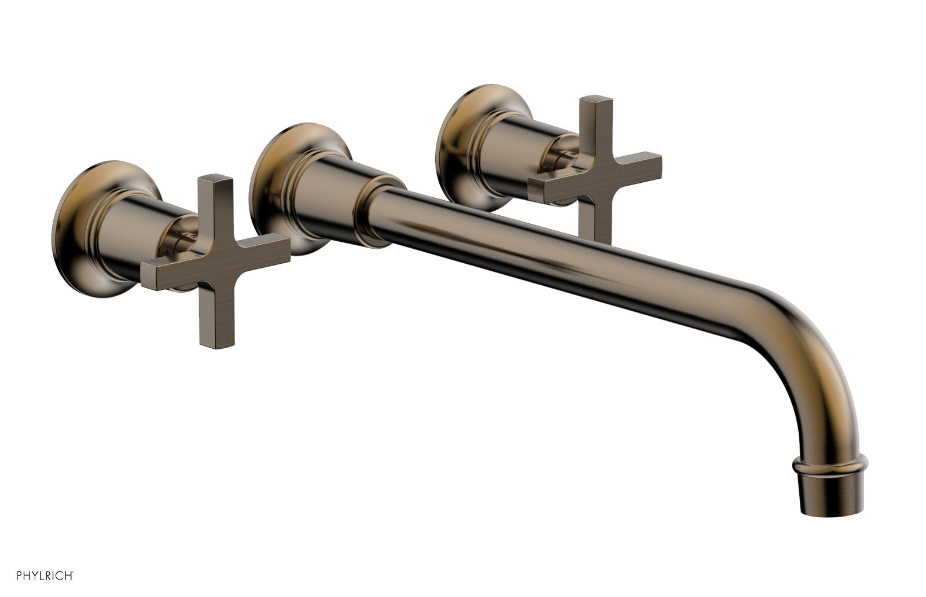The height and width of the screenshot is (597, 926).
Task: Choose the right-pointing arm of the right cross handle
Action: (637, 165)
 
